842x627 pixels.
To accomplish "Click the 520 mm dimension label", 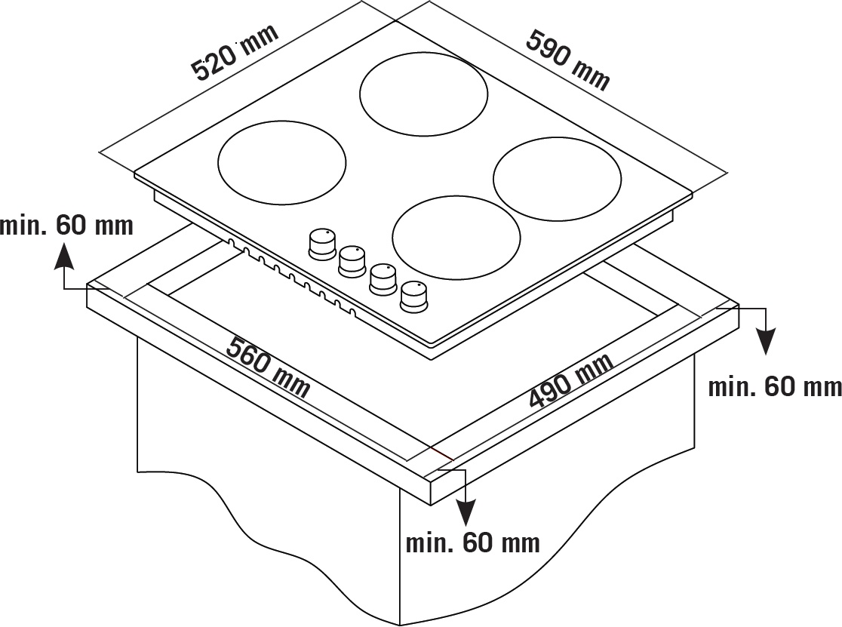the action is (235, 53).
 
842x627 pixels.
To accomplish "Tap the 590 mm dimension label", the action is (568, 60).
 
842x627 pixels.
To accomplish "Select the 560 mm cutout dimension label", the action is (268, 367).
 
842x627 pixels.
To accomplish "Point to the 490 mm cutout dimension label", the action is (571, 380).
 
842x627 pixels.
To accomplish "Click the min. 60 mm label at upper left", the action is (66, 225).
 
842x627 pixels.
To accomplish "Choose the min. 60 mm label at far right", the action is (775, 386).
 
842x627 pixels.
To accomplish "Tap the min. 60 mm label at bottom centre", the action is (472, 543).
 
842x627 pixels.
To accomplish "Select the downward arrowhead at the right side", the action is (766, 341).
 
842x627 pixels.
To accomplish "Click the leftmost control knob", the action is (322, 244).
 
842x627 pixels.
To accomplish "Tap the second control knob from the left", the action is (352, 261).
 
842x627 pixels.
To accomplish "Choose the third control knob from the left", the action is (383, 278).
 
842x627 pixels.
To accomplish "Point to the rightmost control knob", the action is (413, 296).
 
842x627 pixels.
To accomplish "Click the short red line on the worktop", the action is (441, 452).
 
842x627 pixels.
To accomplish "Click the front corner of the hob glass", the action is (432, 343).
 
